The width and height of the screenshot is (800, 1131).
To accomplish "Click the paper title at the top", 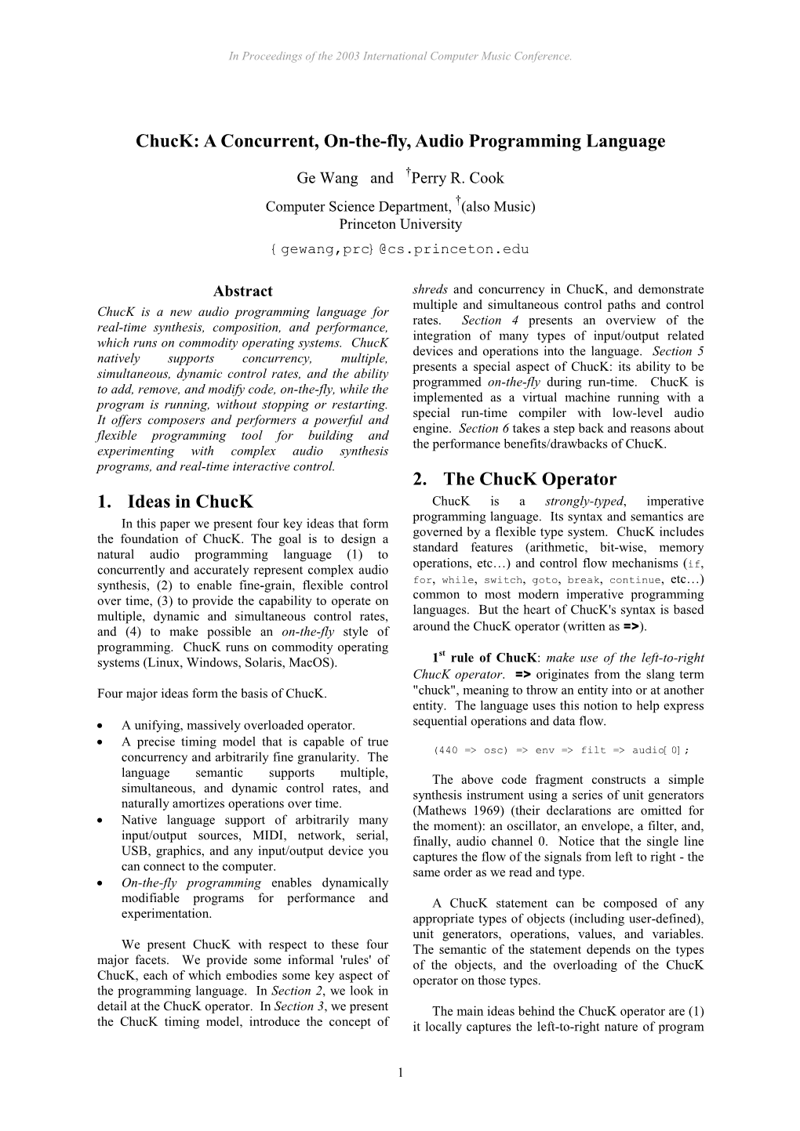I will tap(400, 141).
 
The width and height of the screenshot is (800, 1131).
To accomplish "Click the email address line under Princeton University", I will tap(400, 249).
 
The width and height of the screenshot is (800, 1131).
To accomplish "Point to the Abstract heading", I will tap(243, 292).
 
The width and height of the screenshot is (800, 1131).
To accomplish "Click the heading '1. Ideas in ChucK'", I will tap(175, 502).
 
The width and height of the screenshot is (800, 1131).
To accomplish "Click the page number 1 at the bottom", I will tap(400, 1072).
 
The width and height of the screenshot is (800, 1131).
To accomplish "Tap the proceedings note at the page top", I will tap(400, 56).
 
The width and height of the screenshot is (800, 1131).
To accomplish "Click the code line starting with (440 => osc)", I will tap(560, 750).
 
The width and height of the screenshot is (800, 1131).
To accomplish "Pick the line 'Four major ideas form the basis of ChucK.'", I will tap(212, 694).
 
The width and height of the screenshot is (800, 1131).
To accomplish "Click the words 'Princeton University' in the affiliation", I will tap(400, 224).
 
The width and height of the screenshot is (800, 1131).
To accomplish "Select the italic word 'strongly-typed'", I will tap(584, 502).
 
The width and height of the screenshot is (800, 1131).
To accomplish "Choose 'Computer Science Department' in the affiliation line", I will tap(358, 208).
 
